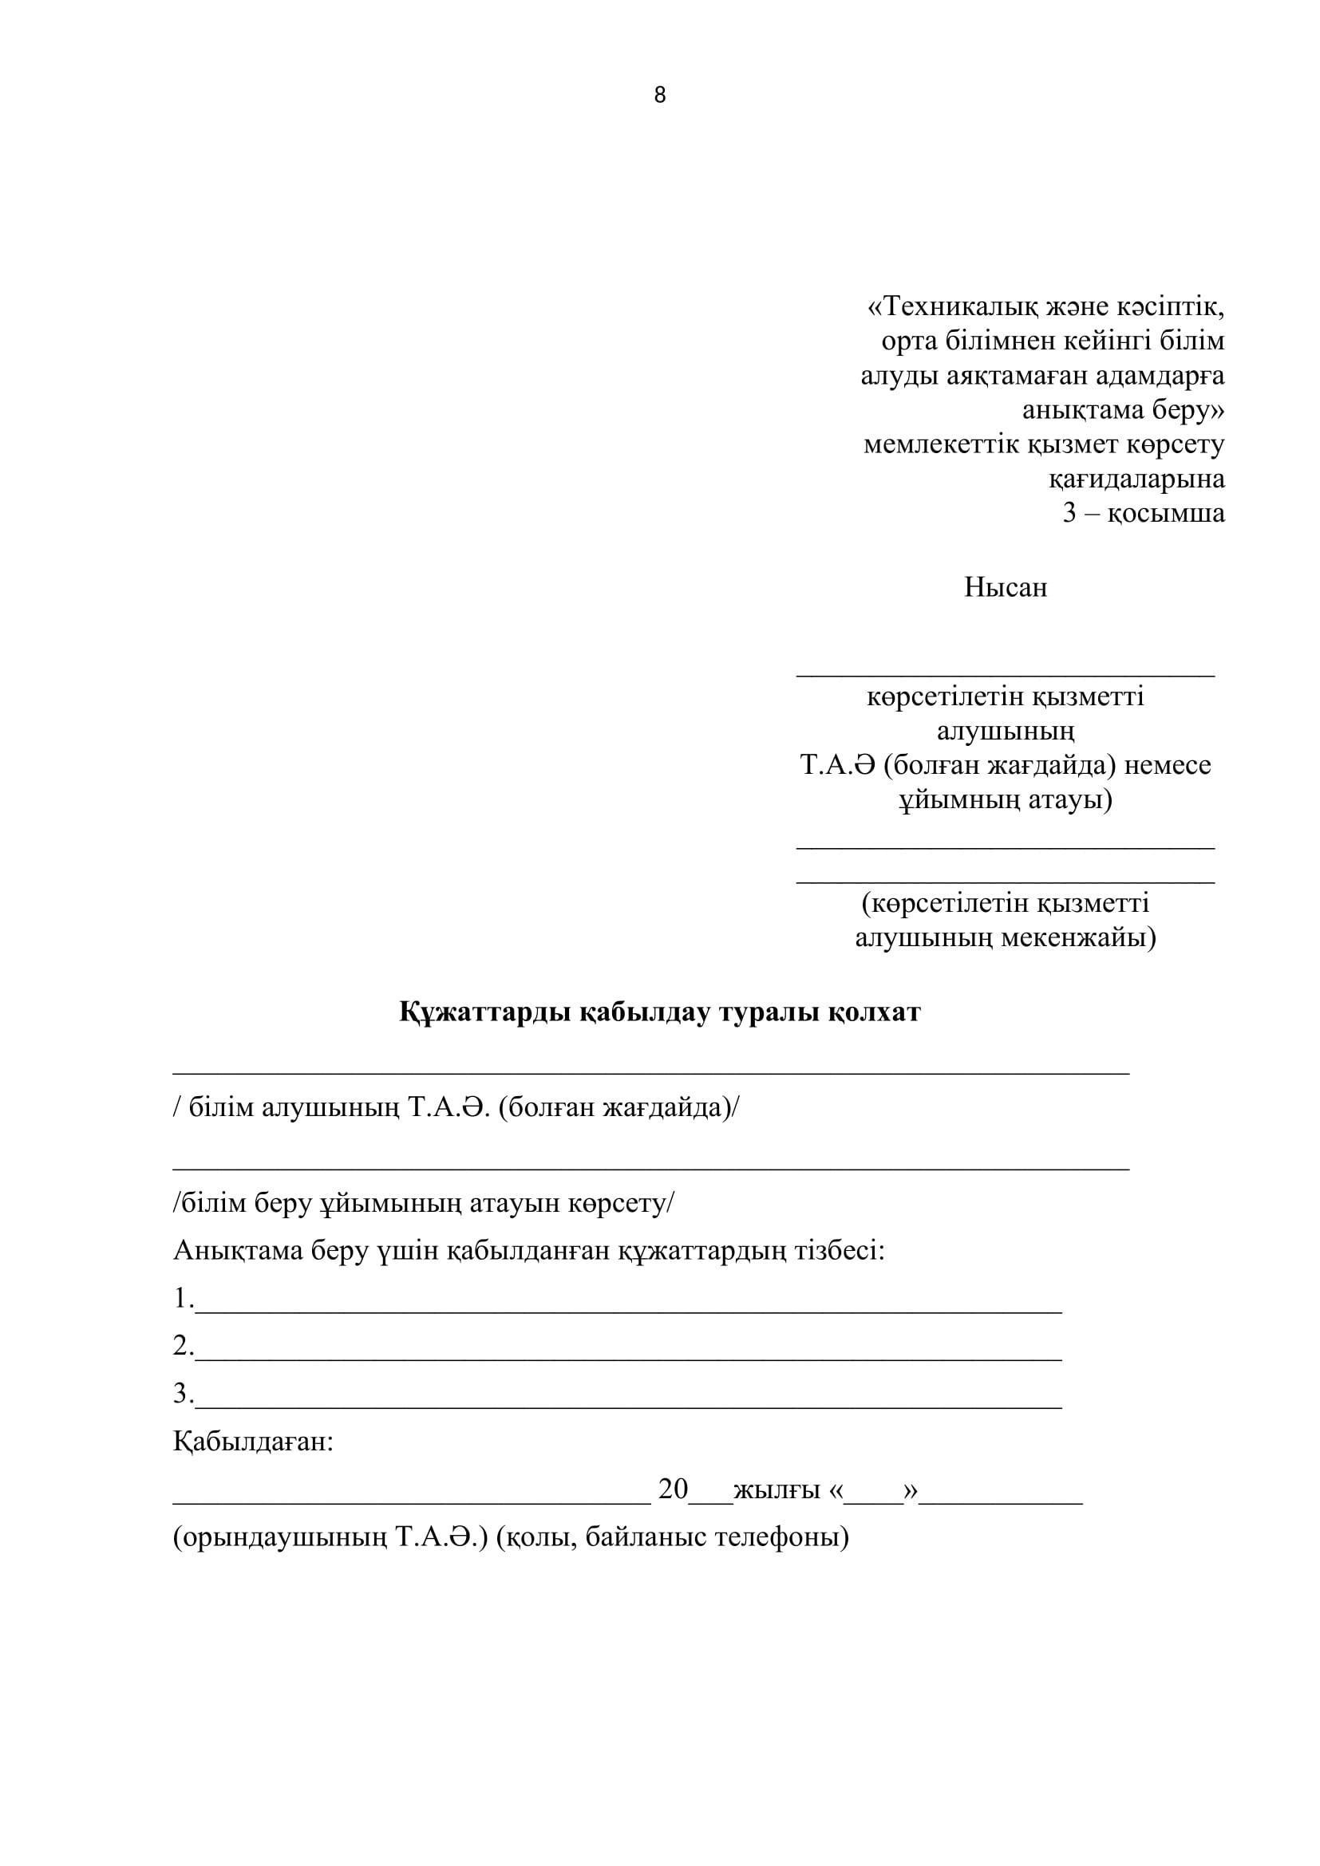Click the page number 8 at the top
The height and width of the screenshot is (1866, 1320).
(x=659, y=96)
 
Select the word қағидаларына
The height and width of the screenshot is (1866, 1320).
(x=1136, y=479)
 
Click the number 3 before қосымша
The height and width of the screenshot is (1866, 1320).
(x=1069, y=514)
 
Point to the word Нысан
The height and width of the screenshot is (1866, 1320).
(x=1006, y=587)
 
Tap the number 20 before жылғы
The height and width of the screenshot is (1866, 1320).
(x=673, y=1489)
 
